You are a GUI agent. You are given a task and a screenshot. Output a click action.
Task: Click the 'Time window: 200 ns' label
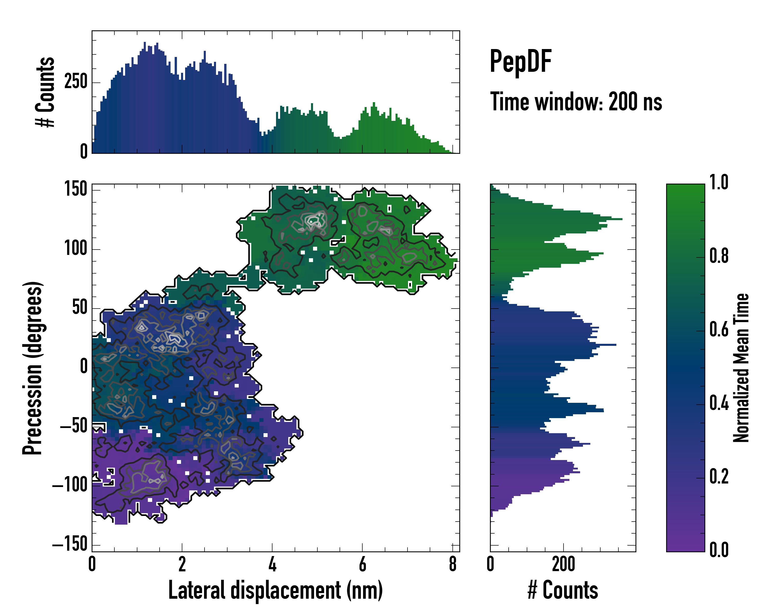click(576, 102)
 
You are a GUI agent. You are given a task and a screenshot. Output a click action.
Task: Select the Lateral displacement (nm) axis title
click(275, 590)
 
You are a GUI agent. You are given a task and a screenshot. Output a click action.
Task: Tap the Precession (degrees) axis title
click(33, 368)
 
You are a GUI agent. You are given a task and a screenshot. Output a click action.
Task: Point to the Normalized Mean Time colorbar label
click(741, 368)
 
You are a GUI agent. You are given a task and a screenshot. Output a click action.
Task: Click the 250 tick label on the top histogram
click(76, 82)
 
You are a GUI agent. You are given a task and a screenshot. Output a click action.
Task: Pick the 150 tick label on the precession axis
click(76, 189)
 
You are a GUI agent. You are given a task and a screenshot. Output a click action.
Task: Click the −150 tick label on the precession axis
click(70, 544)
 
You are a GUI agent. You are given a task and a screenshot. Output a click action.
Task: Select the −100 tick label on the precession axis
click(70, 485)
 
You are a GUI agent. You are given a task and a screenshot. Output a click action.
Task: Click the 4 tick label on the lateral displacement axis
click(272, 564)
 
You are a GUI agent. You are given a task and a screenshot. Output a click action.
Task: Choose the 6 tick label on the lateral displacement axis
click(362, 564)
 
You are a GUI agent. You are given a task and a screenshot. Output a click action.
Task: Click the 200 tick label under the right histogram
click(564, 564)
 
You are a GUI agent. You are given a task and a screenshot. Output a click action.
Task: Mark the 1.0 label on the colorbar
click(719, 183)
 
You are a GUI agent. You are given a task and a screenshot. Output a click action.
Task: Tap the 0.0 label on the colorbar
click(719, 550)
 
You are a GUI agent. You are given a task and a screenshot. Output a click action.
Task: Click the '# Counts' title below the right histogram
click(563, 590)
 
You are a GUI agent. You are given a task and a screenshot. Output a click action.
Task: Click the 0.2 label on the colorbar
click(719, 477)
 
